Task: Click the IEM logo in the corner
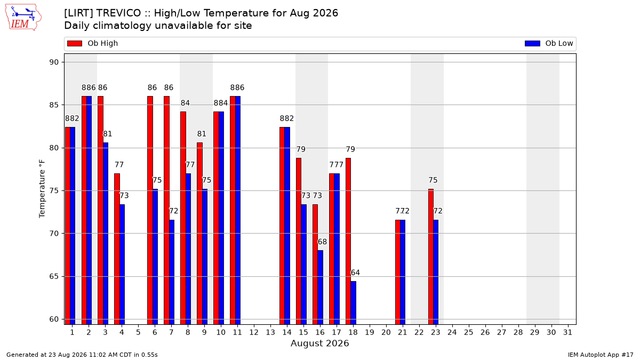pos(23,18)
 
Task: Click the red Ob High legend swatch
pos(75,43)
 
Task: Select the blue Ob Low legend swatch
pos(532,43)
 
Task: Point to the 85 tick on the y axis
pos(54,105)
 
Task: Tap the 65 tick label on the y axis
pos(54,277)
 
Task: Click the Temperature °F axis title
pos(42,189)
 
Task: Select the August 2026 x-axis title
pos(319,343)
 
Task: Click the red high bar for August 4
pos(117,249)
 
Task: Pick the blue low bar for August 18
pos(354,303)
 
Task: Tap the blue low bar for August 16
pos(321,287)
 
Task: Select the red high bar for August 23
pos(431,257)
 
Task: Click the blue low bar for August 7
pos(172,273)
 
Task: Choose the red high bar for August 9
pos(199,234)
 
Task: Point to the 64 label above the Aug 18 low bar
pos(355,273)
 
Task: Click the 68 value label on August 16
pos(322,242)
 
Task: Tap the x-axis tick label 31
pos(567,332)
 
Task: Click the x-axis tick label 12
pos(254,332)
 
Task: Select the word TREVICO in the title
pos(118,13)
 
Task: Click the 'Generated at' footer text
pos(82,355)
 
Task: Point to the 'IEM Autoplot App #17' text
pos(601,355)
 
